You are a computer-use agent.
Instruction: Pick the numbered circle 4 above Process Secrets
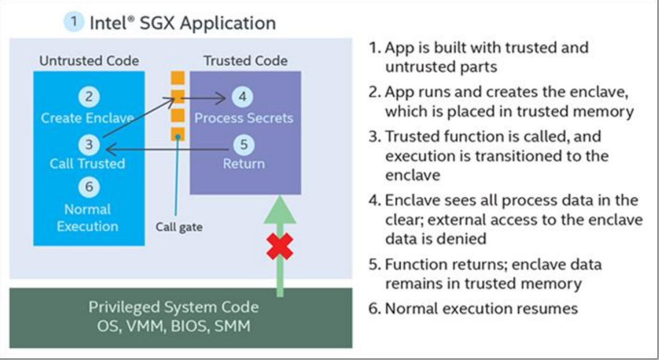pos(243,97)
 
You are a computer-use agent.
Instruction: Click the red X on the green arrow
pos(280,246)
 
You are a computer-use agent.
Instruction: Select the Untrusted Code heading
pos(89,61)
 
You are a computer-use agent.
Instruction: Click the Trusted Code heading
pos(245,61)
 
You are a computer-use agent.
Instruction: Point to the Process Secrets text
pos(244,119)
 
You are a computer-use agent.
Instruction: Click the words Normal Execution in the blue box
pos(87,218)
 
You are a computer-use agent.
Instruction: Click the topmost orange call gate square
pos(177,78)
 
